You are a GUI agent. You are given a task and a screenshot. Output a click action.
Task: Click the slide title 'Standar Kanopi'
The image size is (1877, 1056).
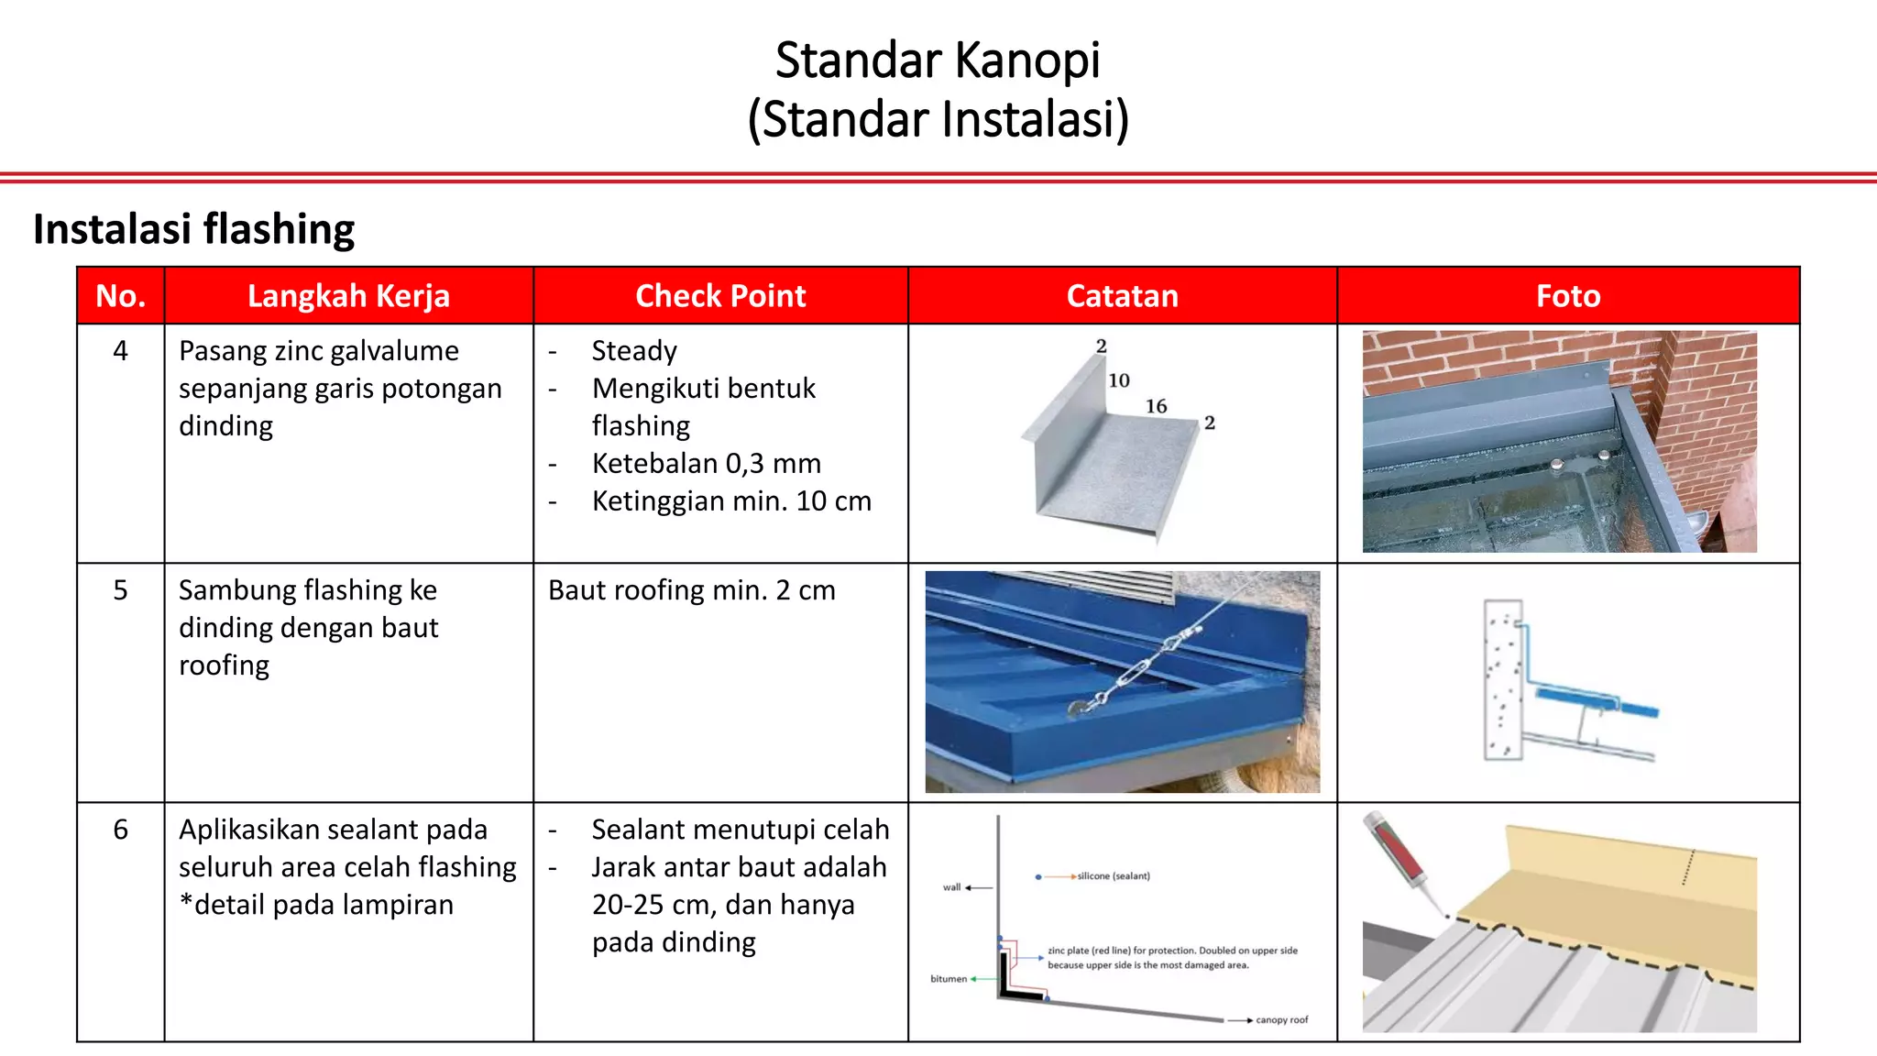click(938, 60)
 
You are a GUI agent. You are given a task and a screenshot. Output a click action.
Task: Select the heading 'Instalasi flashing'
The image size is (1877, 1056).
click(193, 229)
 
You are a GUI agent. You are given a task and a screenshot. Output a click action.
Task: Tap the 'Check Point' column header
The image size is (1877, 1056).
click(720, 296)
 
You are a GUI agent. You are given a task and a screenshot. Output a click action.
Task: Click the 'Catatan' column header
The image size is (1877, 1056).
click(1122, 296)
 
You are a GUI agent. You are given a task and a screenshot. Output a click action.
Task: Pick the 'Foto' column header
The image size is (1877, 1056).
click(1567, 296)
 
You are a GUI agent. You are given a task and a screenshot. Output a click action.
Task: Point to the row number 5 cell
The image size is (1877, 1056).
click(120, 590)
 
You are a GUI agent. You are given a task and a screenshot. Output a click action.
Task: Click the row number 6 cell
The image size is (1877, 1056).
click(120, 830)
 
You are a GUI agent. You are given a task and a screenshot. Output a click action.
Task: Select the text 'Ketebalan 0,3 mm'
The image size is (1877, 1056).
click(706, 464)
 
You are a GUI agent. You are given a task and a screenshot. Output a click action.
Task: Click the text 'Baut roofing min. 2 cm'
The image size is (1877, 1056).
click(692, 590)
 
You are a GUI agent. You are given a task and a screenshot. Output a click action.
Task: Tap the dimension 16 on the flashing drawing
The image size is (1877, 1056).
click(1156, 406)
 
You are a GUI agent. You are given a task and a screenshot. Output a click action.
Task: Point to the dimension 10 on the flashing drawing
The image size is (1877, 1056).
click(1119, 380)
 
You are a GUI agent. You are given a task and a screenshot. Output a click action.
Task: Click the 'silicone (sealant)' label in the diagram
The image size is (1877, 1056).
click(1113, 876)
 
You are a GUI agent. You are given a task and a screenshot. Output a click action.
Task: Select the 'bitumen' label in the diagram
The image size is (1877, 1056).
click(949, 979)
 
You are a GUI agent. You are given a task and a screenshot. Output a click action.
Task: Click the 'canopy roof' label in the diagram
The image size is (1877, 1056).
click(1281, 1020)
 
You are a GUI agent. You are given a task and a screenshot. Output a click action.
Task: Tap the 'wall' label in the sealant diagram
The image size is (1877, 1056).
click(951, 887)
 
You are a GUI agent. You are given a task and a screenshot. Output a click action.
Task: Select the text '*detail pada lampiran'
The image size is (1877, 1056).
click(316, 906)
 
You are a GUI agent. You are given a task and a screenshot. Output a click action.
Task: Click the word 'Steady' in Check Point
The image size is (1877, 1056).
click(634, 351)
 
